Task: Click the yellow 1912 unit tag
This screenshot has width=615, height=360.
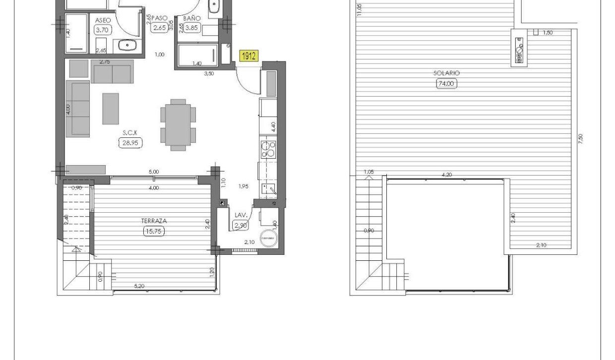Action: pos(248,56)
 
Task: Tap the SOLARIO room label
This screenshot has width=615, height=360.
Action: pos(446,73)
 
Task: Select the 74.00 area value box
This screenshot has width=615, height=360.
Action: pos(446,84)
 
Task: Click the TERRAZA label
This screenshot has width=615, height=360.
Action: pos(154,221)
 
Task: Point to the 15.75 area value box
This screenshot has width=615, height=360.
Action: pos(154,231)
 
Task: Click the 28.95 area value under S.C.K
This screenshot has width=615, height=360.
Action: pos(130,143)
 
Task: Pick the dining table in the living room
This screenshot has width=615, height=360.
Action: pos(178,124)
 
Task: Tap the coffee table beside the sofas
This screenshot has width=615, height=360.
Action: pos(111,109)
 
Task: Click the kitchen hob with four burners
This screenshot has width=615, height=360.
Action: pos(268,149)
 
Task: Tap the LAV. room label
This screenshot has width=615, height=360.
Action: pos(241,215)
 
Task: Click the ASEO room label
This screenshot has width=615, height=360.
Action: pos(103,20)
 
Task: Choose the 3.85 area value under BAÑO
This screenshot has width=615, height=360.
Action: pos(192,28)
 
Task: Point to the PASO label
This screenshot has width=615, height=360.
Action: pos(160,18)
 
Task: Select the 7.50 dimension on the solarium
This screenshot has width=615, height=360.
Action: pos(580,139)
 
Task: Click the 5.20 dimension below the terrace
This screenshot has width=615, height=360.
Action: pos(139,286)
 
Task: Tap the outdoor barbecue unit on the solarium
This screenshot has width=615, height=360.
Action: pos(520,48)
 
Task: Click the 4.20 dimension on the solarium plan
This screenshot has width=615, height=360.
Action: pos(446,175)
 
